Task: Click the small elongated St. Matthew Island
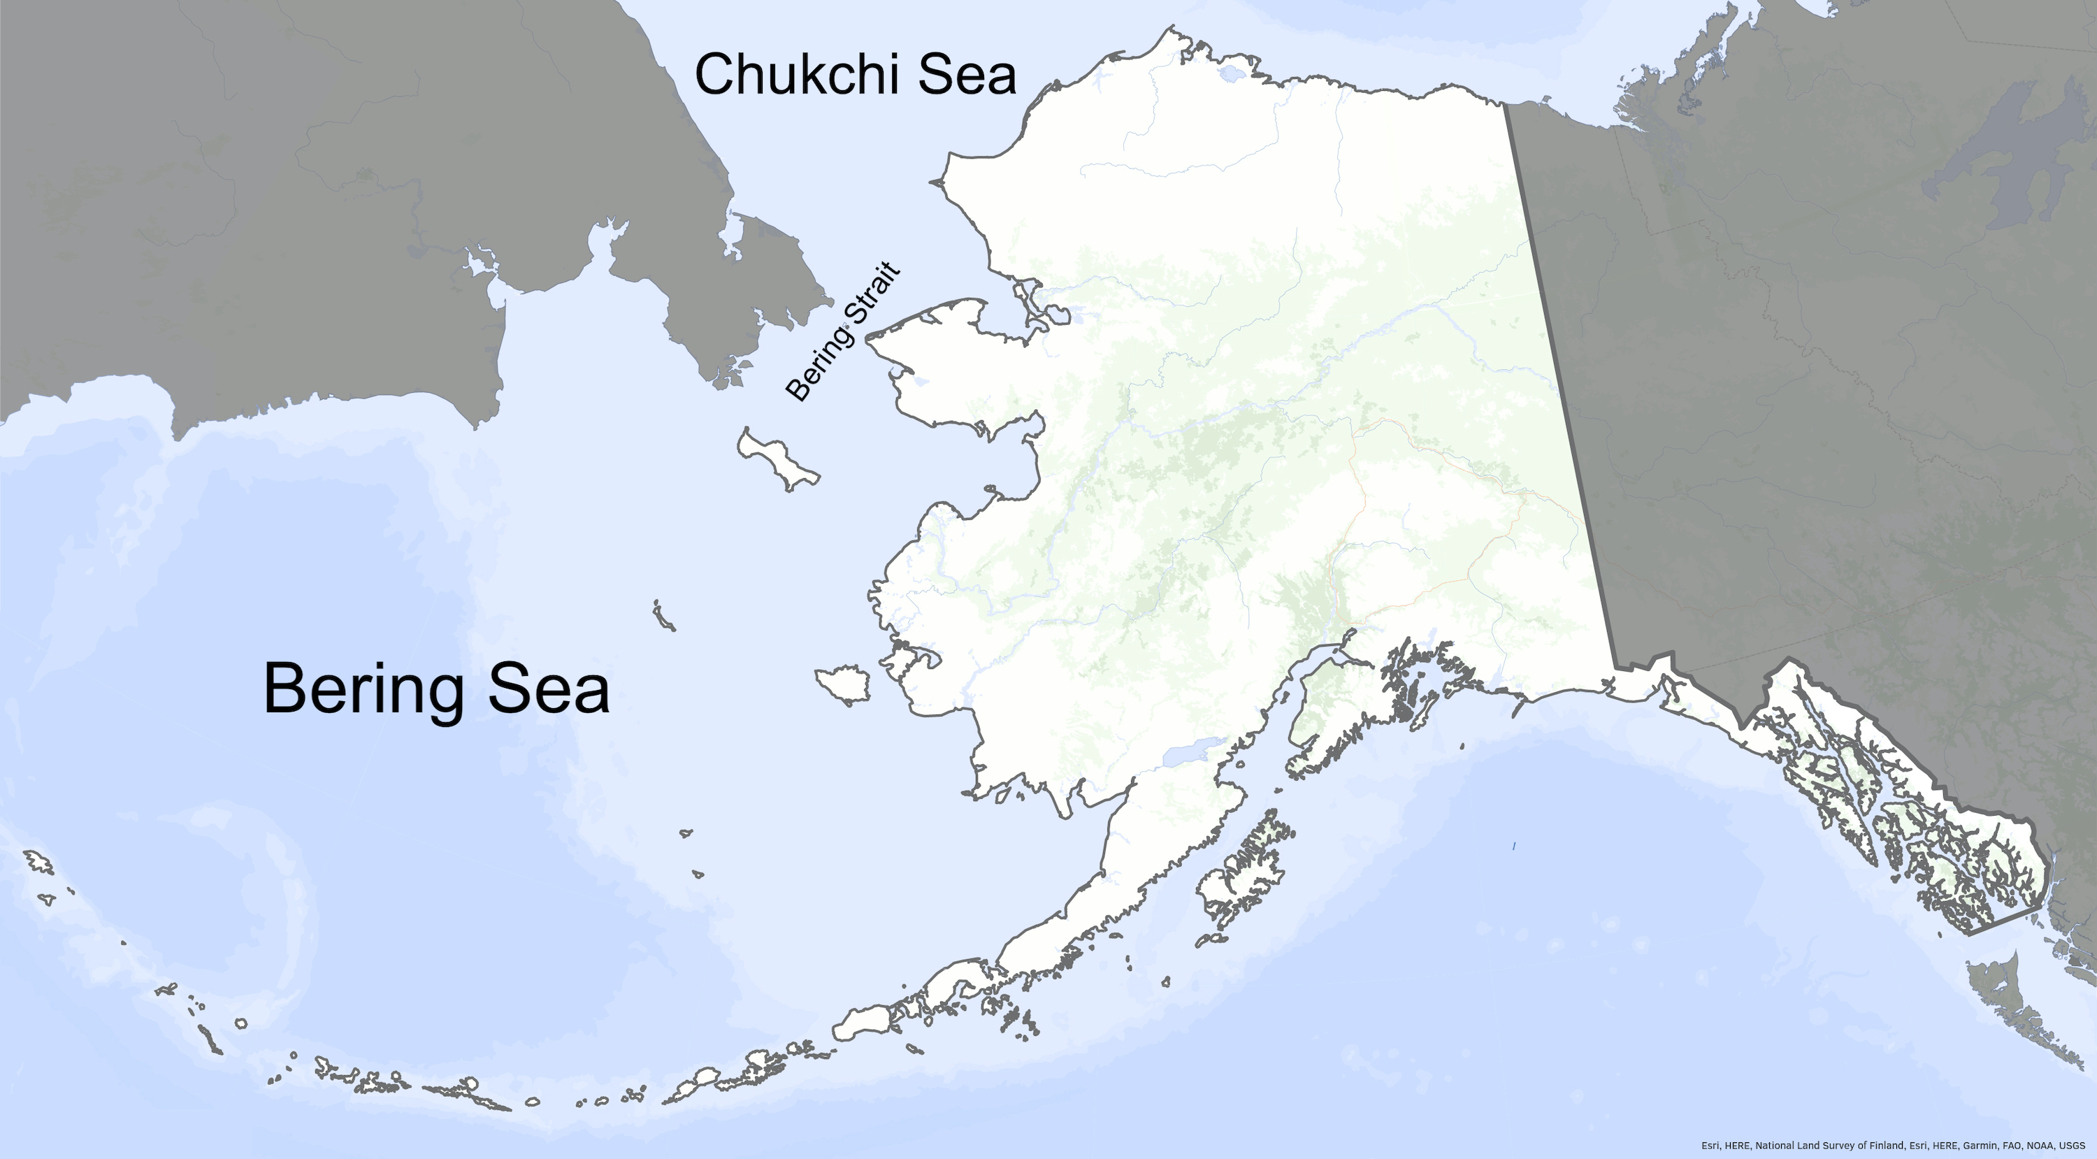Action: point(663,616)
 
